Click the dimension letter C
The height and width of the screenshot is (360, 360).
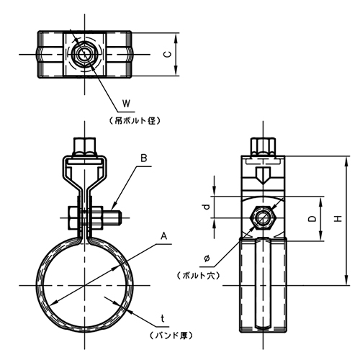tap(168, 55)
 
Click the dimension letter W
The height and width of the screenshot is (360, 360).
tap(126, 104)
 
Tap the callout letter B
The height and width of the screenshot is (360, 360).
tap(144, 158)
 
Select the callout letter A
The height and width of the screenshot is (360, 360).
tap(163, 236)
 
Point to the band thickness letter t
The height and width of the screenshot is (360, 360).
tap(163, 319)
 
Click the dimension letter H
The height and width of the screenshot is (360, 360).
tap(338, 218)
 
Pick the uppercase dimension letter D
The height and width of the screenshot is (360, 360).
tap(312, 218)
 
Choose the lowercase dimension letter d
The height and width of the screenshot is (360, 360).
tap(206, 207)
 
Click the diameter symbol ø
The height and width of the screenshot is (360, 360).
tap(207, 258)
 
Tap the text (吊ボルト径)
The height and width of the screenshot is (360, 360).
tap(135, 121)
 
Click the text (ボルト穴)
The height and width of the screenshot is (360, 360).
tap(199, 276)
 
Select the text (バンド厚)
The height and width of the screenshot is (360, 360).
tap(171, 336)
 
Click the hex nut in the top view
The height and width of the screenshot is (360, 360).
tap(85, 55)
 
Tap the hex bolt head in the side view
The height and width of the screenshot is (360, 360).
tap(263, 218)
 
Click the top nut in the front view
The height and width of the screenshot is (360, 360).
tap(85, 147)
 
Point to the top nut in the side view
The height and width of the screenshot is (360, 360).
tap(263, 147)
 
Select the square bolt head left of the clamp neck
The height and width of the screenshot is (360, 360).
tap(73, 218)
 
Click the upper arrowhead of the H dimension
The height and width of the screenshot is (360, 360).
tap(346, 161)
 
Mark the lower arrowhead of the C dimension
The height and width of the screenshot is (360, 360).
tap(176, 71)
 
